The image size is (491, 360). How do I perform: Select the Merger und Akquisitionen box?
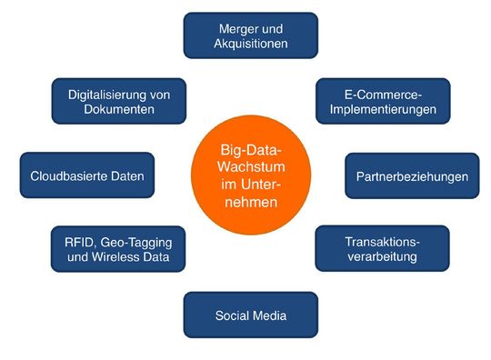250,35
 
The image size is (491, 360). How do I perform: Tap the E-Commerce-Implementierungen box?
383,101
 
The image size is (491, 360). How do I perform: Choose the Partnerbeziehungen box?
411,176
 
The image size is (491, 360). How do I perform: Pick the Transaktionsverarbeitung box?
382,249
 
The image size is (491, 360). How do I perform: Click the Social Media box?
250,315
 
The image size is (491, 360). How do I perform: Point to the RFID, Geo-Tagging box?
117,249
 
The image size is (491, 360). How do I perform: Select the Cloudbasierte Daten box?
87,176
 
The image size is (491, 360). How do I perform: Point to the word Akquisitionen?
250,43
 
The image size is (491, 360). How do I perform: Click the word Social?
233,315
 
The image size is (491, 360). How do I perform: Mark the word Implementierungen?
383,109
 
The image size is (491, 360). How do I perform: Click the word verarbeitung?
382,257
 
